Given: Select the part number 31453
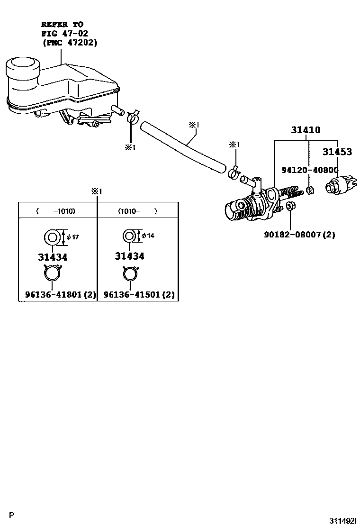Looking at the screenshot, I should (x=337, y=152).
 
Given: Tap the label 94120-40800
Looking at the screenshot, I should (x=310, y=170).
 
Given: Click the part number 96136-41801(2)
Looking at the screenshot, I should (x=60, y=295).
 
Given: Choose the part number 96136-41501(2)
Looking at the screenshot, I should (x=139, y=295).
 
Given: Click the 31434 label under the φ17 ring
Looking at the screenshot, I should (x=52, y=257).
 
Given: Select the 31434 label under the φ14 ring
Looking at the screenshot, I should (x=130, y=256).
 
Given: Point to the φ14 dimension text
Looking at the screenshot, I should (x=148, y=236).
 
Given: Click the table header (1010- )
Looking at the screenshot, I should (x=137, y=211).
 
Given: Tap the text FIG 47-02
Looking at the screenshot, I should (x=64, y=33).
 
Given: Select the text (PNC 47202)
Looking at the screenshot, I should (x=69, y=42).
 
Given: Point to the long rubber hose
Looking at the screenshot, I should (x=185, y=147).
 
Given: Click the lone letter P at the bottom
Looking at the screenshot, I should (x=13, y=514).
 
